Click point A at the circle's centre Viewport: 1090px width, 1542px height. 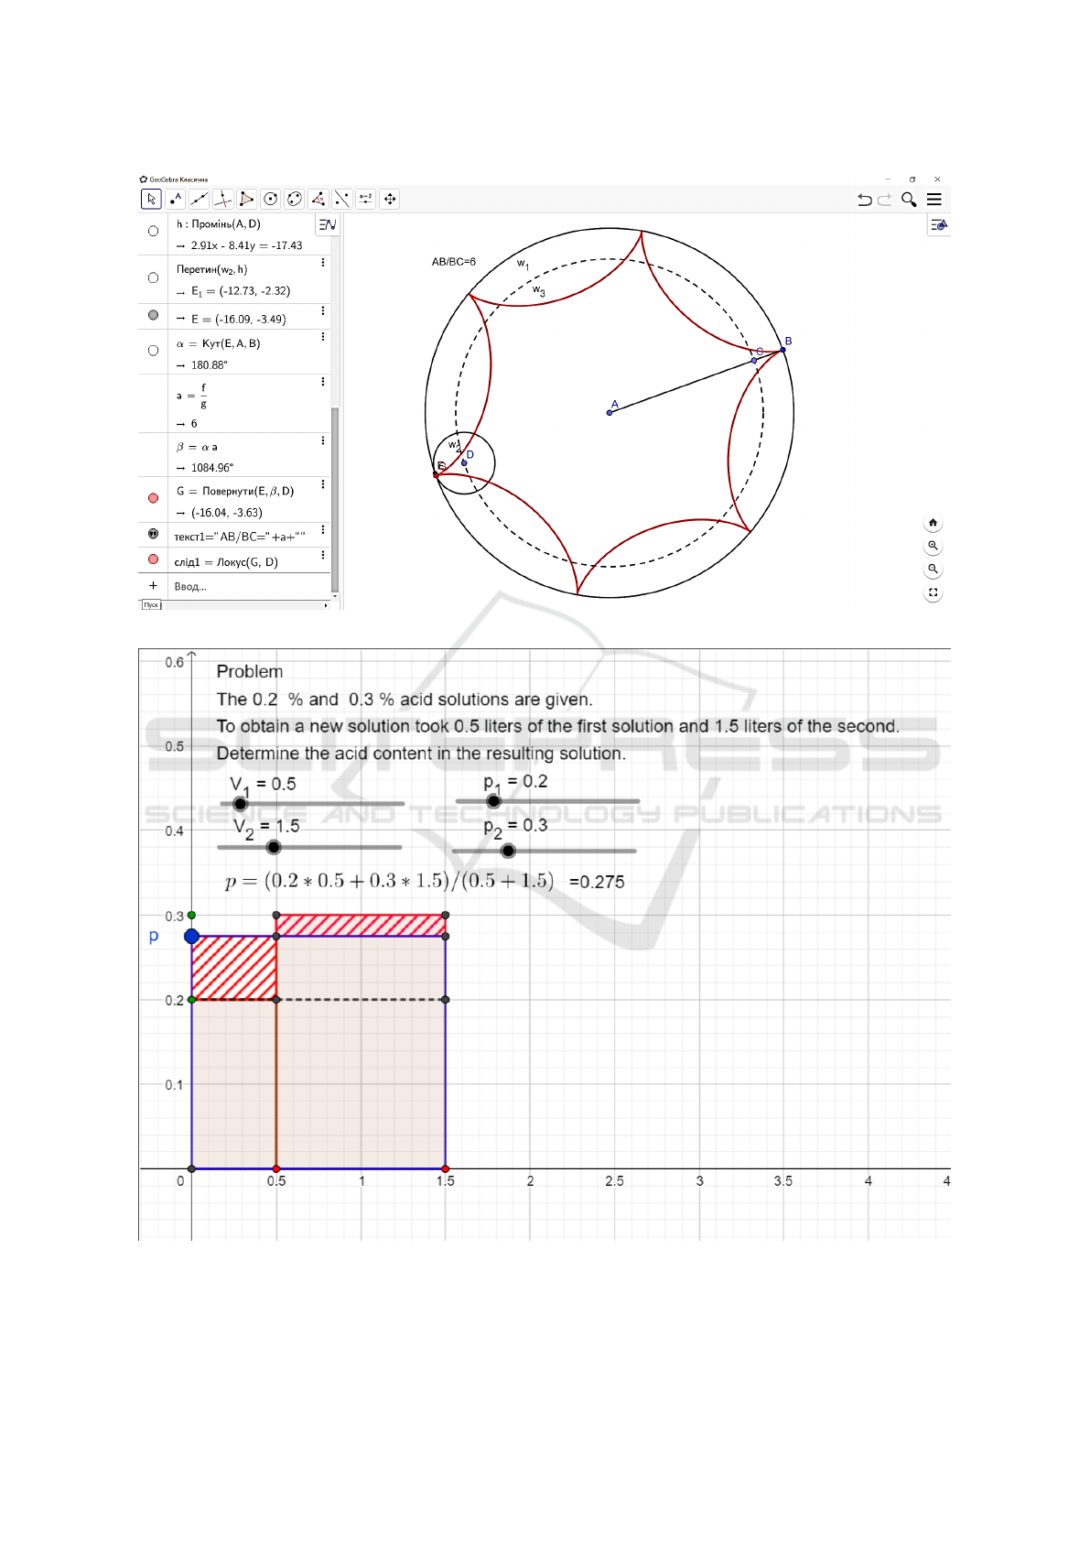pos(610,412)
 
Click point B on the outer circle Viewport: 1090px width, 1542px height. pos(782,349)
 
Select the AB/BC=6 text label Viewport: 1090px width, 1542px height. pos(453,262)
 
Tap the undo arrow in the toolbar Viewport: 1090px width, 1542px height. pos(864,200)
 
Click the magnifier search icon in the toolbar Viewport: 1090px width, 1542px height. pos(909,200)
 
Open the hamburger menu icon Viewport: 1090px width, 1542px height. pos(934,200)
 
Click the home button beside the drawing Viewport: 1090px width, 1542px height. pos(933,523)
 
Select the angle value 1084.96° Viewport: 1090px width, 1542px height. pos(211,468)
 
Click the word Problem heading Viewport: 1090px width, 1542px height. pos(250,671)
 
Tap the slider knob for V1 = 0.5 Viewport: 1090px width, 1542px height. pos(240,804)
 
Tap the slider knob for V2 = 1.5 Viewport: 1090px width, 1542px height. pos(274,847)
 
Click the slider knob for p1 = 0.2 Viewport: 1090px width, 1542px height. pos(493,801)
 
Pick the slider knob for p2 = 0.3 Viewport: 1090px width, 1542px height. pos(508,851)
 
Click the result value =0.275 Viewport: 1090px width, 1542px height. pos(597,882)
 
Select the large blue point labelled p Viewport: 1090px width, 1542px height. pos(191,936)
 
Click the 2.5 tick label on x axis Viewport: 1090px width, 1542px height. pos(614,1181)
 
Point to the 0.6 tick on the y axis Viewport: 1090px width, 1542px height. pos(174,662)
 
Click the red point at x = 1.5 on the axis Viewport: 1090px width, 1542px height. pos(446,1168)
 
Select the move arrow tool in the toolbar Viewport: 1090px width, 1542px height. pos(152,199)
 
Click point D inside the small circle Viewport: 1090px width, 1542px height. pos(464,462)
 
